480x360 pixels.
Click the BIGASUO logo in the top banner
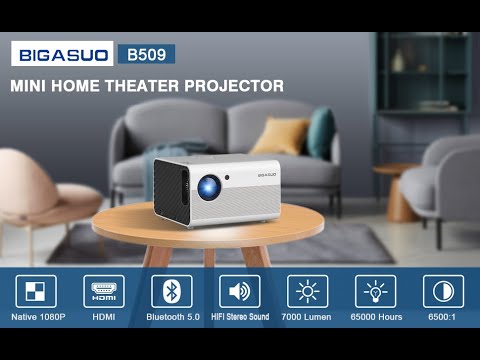(x=61, y=54)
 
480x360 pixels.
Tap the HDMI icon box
(x=104, y=291)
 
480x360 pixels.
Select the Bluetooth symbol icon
(x=171, y=291)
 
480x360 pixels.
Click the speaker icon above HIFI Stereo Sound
(x=240, y=291)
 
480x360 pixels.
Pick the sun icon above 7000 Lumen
(x=307, y=291)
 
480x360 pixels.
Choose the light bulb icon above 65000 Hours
(x=375, y=291)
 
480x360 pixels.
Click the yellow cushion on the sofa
(x=278, y=137)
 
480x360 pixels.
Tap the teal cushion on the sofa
(x=321, y=132)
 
